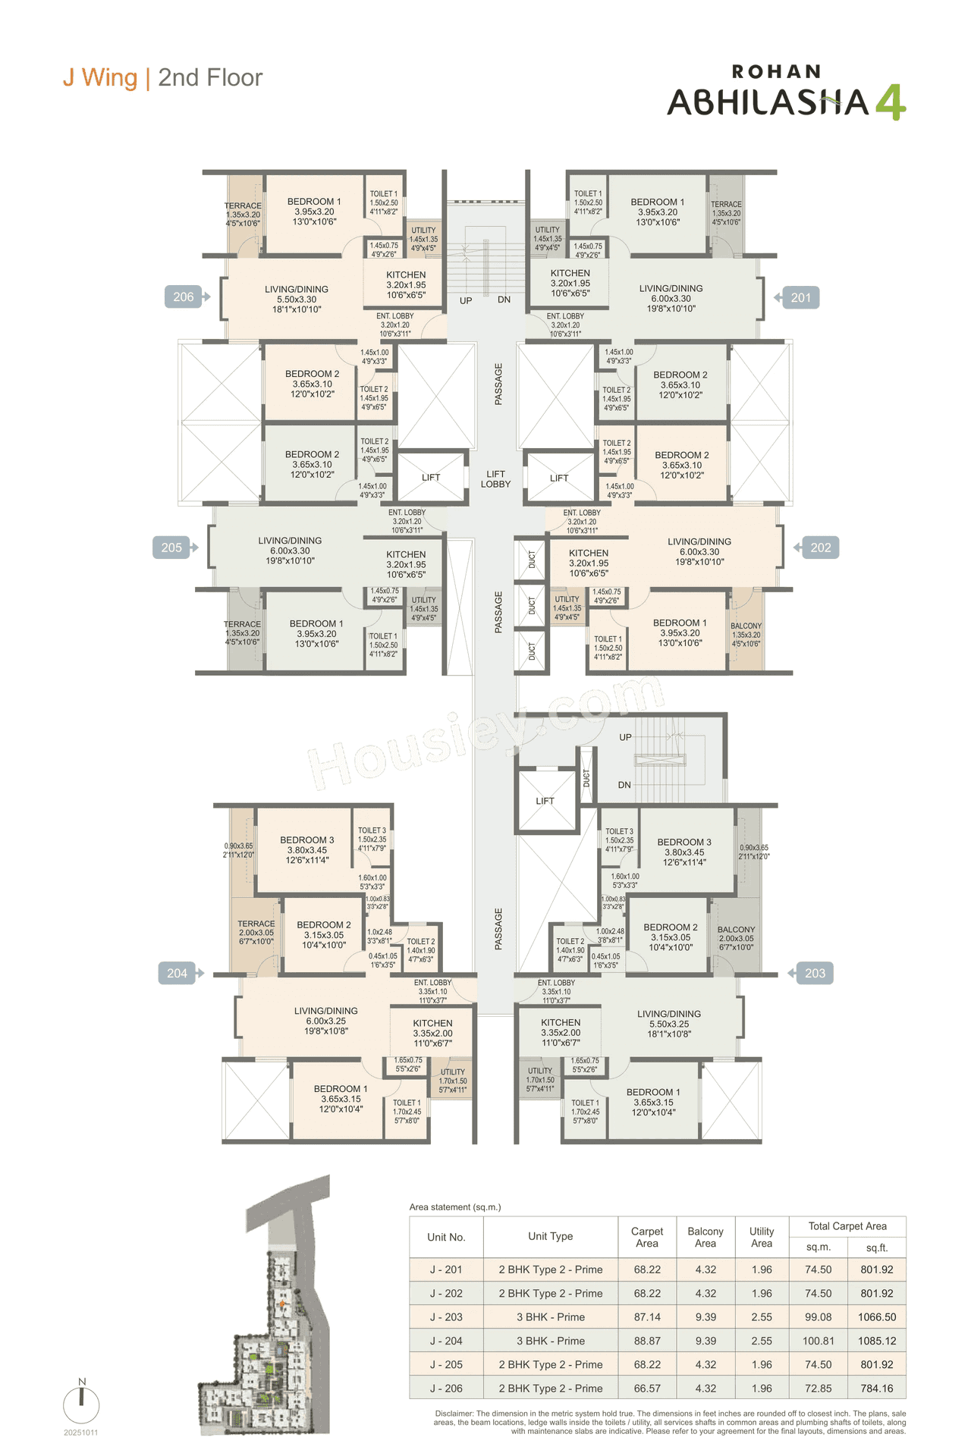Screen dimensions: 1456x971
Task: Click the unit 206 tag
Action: click(x=184, y=297)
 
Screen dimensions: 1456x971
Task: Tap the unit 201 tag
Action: click(x=800, y=298)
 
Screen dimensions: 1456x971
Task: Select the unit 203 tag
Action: click(x=814, y=974)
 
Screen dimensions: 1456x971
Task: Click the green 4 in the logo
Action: click(x=890, y=102)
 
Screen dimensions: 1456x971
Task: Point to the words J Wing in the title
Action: click(x=100, y=78)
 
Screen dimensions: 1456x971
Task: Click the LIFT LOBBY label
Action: click(x=495, y=479)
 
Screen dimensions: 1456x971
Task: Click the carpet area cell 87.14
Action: click(x=647, y=1317)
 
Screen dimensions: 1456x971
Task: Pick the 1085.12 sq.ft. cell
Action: click(x=877, y=1341)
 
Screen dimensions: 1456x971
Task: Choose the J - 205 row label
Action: click(x=446, y=1364)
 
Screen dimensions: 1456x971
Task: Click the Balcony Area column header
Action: click(x=705, y=1237)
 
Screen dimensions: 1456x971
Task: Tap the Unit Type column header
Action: click(x=551, y=1236)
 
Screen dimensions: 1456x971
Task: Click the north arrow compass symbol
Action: click(x=82, y=1404)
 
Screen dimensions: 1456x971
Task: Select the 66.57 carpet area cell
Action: click(x=647, y=1389)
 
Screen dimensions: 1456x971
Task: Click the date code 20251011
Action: click(x=81, y=1432)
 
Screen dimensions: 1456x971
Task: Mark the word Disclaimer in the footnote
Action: click(x=454, y=1414)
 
